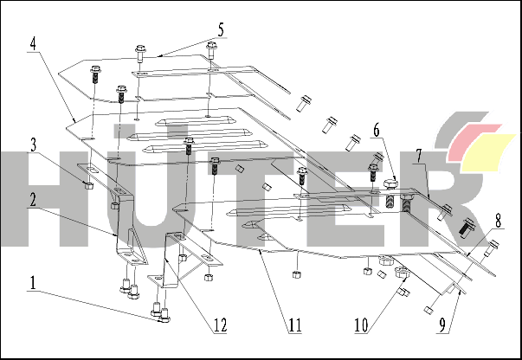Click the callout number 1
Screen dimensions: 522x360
[33, 283]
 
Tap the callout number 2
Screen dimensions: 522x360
[32, 200]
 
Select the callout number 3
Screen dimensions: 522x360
[33, 145]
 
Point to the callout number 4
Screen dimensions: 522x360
[33, 44]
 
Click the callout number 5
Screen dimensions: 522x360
[221, 30]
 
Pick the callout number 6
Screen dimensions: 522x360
[377, 130]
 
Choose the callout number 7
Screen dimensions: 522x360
[419, 157]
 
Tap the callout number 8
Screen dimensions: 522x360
[498, 222]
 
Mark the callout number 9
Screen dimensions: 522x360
[442, 325]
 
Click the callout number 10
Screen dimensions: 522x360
[362, 325]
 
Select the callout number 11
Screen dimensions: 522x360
[294, 325]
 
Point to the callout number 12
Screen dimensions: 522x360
[220, 325]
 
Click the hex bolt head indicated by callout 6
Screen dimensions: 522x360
[390, 184]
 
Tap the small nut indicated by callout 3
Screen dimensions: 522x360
[88, 185]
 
